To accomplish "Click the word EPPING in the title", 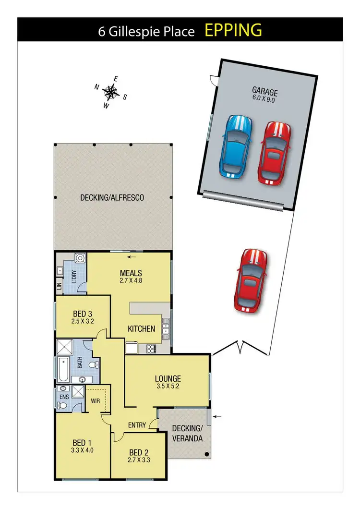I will tap(233, 30).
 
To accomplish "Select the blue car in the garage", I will tap(235, 146).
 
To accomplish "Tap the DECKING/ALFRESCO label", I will tap(112, 197).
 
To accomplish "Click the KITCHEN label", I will tap(141, 329).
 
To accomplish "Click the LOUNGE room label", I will tap(168, 378).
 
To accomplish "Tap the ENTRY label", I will tap(137, 424).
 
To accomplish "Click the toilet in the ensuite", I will tap(62, 406).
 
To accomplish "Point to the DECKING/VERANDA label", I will tap(187, 434).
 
